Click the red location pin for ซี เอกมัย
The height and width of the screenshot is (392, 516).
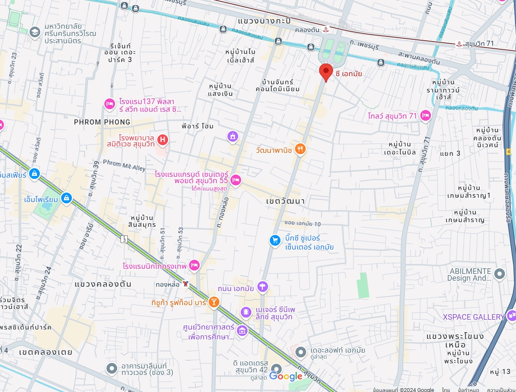tap(326, 71)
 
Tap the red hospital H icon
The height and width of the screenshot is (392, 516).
tap(162, 140)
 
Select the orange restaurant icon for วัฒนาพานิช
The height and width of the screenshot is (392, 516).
tap(301, 149)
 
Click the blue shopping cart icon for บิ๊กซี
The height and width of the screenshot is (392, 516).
tap(275, 241)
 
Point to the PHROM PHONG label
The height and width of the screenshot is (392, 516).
tap(102, 122)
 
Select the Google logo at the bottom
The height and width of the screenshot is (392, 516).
tap(286, 376)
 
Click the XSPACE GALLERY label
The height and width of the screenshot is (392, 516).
tap(474, 317)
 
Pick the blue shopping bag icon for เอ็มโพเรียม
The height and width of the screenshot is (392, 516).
tap(66, 197)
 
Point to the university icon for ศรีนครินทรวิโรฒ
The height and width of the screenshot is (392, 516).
tap(35, 32)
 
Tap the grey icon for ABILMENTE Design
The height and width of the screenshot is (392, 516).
tap(499, 273)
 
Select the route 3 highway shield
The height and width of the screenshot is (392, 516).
tap(124, 239)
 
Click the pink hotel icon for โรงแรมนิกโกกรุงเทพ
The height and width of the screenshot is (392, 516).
tap(195, 266)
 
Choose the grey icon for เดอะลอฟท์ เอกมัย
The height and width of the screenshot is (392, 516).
tap(301, 352)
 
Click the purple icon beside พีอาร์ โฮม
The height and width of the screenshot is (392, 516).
tap(232, 136)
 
